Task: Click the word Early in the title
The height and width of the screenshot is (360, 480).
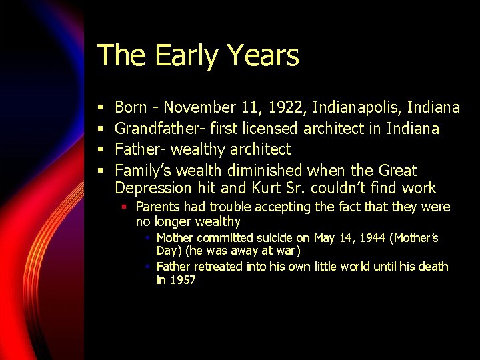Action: pyautogui.click(x=175, y=55)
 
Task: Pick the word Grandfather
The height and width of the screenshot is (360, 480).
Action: pyautogui.click(x=155, y=128)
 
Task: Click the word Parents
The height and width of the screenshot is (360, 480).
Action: pyautogui.click(x=158, y=207)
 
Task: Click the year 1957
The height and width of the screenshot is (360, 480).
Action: pyautogui.click(x=183, y=281)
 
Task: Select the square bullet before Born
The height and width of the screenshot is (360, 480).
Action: pyautogui.click(x=99, y=108)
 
